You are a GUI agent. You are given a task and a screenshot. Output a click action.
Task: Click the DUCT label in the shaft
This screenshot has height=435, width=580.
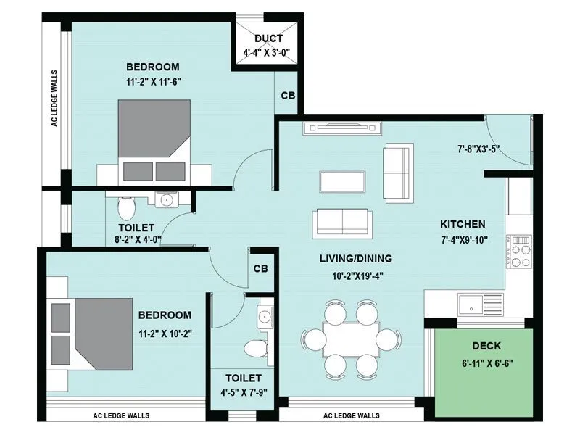tap(268, 38)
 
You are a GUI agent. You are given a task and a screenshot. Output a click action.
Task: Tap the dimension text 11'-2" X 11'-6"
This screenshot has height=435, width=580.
tap(153, 82)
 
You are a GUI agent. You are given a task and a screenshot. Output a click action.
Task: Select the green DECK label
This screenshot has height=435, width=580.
tap(486, 346)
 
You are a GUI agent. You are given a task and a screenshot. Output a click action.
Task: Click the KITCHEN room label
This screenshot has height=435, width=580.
tap(463, 224)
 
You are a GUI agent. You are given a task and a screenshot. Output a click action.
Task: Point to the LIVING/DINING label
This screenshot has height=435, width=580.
tap(356, 258)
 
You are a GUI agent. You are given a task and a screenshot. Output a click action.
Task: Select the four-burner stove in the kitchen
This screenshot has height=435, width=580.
tap(519, 251)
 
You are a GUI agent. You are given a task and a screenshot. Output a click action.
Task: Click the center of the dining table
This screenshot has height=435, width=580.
tap(351, 339)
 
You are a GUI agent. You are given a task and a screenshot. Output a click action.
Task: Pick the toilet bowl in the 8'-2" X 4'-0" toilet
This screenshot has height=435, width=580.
tap(126, 208)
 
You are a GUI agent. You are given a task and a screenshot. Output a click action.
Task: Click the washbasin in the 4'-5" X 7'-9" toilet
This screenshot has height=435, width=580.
tap(265, 315)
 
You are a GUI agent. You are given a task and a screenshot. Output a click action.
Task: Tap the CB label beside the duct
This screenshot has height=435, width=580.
tap(288, 96)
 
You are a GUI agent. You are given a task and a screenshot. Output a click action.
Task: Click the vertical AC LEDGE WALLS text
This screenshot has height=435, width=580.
tap(54, 98)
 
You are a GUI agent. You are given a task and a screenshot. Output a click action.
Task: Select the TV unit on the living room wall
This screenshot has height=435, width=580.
tap(344, 128)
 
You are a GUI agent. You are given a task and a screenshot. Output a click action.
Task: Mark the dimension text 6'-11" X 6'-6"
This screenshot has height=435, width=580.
tap(486, 362)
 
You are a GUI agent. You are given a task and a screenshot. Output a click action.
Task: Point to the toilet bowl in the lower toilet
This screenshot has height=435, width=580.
tap(255, 349)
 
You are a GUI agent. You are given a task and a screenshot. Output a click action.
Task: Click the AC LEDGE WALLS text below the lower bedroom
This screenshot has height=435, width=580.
tap(122, 415)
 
